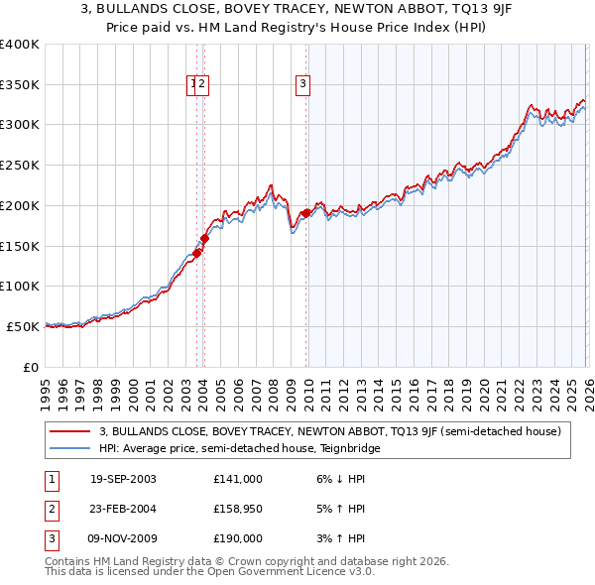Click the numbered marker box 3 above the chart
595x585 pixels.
[x=302, y=85]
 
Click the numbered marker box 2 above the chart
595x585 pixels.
[x=201, y=85]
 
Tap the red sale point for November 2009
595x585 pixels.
[x=306, y=212]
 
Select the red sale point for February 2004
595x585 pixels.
[x=205, y=238]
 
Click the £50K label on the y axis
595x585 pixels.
[x=22, y=326]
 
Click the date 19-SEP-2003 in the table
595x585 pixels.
[x=123, y=479]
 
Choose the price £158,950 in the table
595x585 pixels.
[x=238, y=509]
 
